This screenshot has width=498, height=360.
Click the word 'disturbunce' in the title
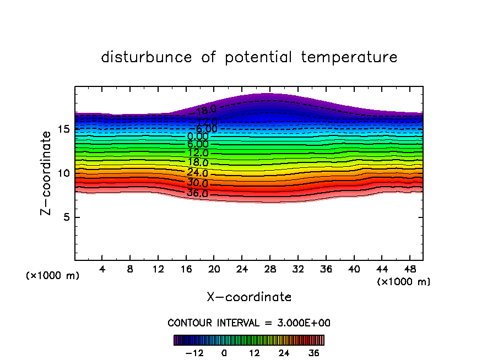click(x=147, y=57)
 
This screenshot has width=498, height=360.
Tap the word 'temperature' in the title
click(x=350, y=57)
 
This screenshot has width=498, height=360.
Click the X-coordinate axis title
click(x=249, y=297)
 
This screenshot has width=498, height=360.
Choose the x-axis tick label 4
click(x=102, y=270)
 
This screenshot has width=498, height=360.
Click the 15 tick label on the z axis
click(x=63, y=129)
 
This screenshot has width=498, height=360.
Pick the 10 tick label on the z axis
click(x=63, y=173)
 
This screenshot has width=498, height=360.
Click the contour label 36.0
click(x=197, y=193)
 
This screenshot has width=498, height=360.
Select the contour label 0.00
click(x=198, y=137)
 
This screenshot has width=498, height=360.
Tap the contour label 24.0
click(x=197, y=173)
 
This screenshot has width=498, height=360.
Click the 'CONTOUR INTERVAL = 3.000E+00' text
click(x=249, y=323)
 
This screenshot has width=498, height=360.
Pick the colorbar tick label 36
click(x=313, y=353)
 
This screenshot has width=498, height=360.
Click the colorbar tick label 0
click(x=224, y=353)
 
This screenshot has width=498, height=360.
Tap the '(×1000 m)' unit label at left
click(x=53, y=275)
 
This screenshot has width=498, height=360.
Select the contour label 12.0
click(x=197, y=153)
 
